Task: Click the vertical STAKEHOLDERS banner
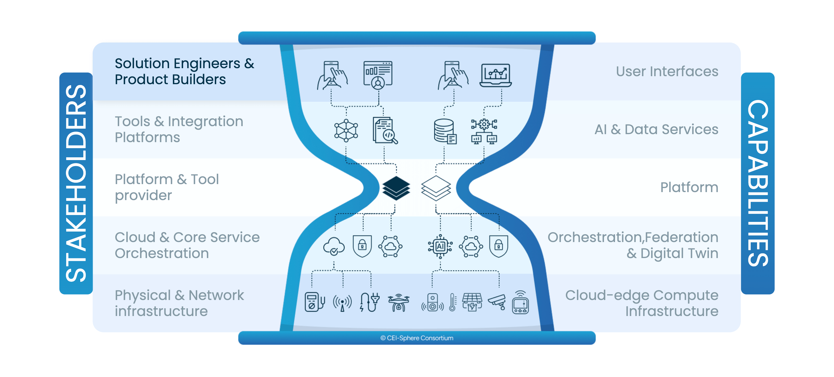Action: click(x=76, y=183)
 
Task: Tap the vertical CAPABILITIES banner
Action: click(x=758, y=183)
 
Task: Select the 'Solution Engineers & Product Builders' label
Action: click(x=185, y=71)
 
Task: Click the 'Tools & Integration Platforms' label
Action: click(x=179, y=129)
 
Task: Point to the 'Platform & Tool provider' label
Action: click(x=167, y=187)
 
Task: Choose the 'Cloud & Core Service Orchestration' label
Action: click(x=187, y=245)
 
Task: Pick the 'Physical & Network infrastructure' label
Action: click(x=179, y=303)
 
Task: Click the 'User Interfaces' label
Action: click(x=667, y=71)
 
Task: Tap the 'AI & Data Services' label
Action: click(x=656, y=129)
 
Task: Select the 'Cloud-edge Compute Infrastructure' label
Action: click(x=642, y=303)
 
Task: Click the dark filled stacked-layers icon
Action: click(x=396, y=188)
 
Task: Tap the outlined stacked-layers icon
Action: click(x=436, y=188)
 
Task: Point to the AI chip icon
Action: click(x=440, y=246)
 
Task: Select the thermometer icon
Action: click(x=453, y=302)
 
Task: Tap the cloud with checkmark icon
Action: click(x=334, y=246)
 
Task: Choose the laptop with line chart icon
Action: click(x=495, y=75)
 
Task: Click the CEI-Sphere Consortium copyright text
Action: click(x=417, y=338)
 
